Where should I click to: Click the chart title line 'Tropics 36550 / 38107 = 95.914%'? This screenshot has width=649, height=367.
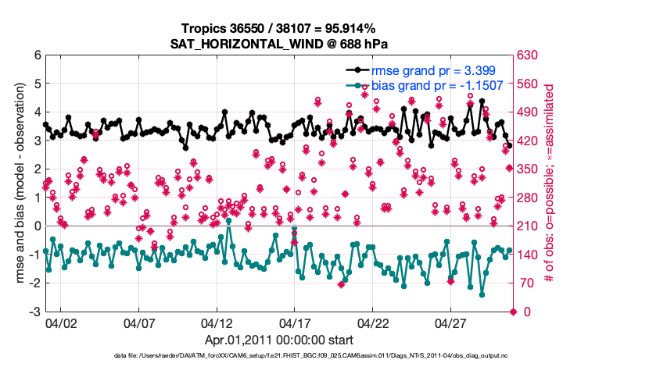pos(280,29)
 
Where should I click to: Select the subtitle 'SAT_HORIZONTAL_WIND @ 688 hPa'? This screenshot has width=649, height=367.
pos(280,44)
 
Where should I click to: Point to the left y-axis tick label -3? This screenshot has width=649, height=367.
pos(34,312)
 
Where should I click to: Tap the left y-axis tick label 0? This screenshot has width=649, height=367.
pos(37,226)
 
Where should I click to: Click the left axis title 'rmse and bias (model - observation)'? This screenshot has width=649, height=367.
pos(17,183)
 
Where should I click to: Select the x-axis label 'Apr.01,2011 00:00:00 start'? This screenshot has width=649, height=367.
pos(280,340)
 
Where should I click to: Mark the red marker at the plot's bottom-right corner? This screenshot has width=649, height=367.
pos(513,312)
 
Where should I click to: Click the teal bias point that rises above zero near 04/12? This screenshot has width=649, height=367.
pos(229,221)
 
